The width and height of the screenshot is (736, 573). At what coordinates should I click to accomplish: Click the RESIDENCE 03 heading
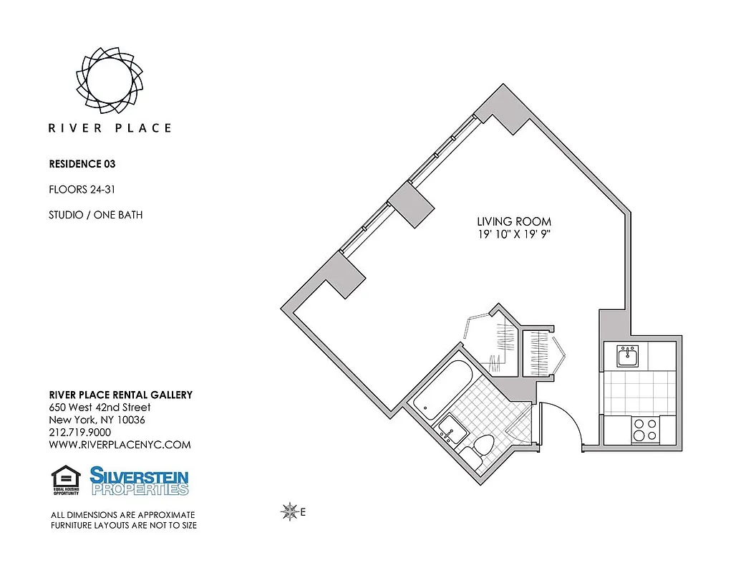point(82,164)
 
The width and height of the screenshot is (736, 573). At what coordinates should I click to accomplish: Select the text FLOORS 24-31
point(81,190)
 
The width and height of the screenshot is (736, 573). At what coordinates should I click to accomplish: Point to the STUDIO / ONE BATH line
point(95,215)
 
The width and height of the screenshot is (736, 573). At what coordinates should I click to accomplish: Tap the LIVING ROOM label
point(514,222)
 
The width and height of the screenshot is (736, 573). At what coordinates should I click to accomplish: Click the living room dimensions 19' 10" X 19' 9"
point(514,234)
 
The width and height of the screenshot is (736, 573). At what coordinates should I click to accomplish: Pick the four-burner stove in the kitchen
point(645,430)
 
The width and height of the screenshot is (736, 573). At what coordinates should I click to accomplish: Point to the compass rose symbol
point(290,511)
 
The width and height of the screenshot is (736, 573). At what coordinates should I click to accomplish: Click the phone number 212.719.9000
point(79,433)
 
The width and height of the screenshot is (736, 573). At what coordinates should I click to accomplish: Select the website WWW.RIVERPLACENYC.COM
point(120,445)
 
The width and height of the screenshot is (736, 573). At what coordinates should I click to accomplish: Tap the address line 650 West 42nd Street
point(100,408)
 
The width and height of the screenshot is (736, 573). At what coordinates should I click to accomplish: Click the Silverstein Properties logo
point(139,481)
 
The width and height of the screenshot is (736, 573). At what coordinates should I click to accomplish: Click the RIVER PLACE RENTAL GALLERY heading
point(120,395)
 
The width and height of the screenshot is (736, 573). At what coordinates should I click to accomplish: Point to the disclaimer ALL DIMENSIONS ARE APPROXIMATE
point(122,515)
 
